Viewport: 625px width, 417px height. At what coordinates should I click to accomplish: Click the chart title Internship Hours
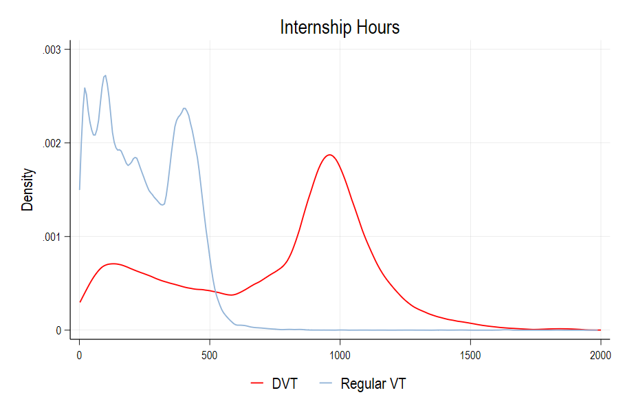pos(340,28)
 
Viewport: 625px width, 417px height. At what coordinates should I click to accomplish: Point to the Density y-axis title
pos(28,189)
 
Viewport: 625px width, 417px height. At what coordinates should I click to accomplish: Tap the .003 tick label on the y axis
pos(53,50)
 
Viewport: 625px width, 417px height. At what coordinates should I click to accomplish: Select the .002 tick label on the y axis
pos(53,143)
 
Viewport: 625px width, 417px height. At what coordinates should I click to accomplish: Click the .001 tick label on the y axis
pos(53,237)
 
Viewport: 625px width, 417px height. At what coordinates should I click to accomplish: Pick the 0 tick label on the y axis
pos(58,330)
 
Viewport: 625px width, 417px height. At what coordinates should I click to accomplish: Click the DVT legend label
pos(285,384)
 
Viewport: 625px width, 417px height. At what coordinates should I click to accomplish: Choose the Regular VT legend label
pos(373,384)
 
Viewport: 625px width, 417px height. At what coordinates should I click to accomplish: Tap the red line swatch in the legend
pos(258,384)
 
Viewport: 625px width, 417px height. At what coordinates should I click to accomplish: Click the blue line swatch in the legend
pos(327,384)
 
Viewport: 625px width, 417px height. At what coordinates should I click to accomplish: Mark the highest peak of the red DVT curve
pos(330,155)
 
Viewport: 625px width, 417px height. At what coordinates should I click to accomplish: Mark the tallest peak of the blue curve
pos(105,76)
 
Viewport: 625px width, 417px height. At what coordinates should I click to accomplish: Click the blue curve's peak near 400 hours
pos(184,108)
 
